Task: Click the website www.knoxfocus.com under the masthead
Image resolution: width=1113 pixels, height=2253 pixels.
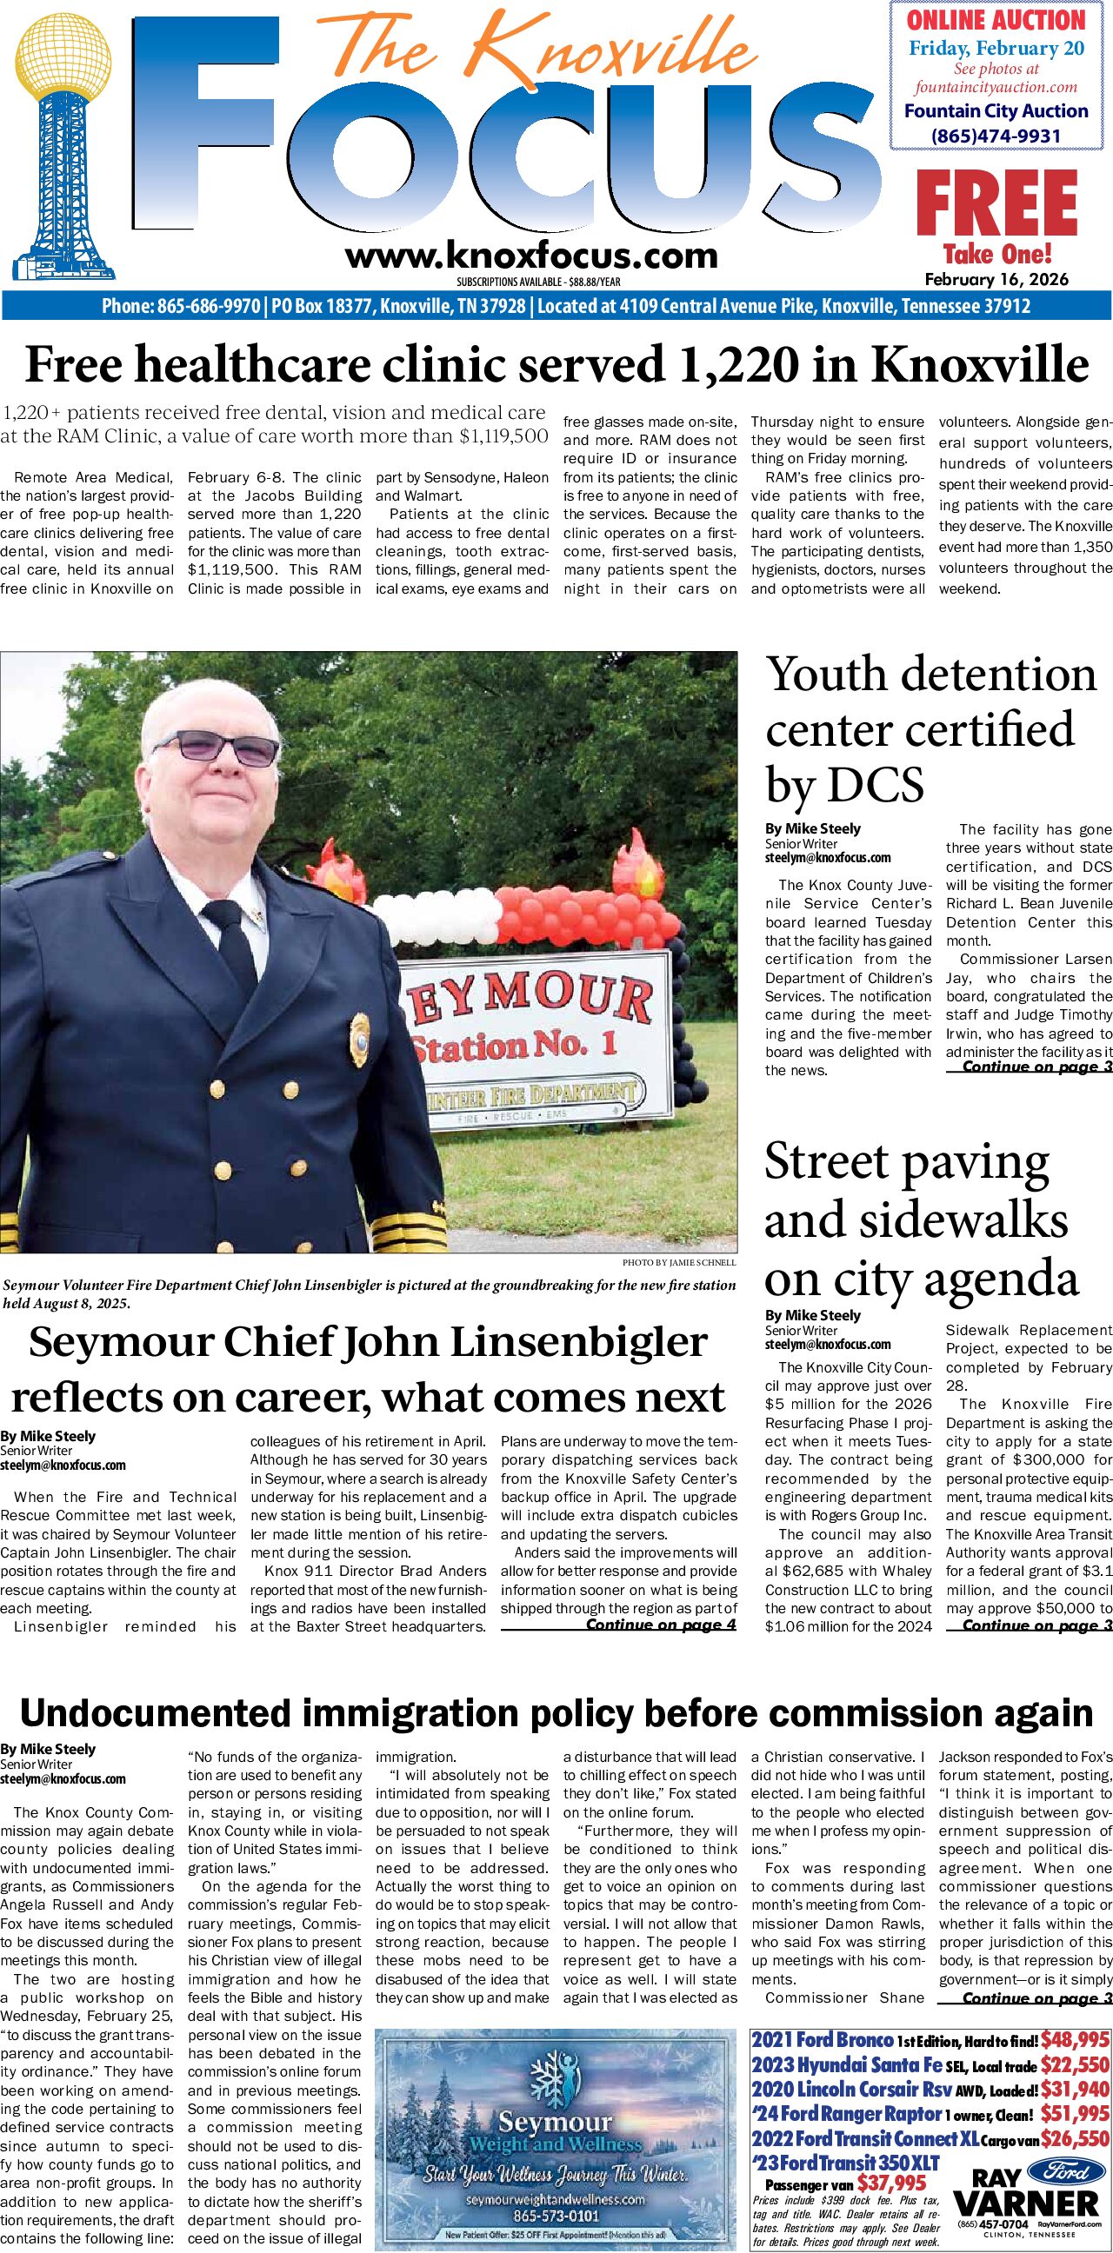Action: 531,256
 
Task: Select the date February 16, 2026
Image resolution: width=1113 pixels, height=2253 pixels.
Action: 996,280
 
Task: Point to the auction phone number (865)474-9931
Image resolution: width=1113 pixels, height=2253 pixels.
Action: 996,136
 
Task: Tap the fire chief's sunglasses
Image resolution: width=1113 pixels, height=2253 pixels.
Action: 227,748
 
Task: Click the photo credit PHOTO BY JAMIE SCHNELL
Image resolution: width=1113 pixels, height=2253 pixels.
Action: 679,1263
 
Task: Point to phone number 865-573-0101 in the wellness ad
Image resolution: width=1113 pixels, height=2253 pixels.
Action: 556,2210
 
